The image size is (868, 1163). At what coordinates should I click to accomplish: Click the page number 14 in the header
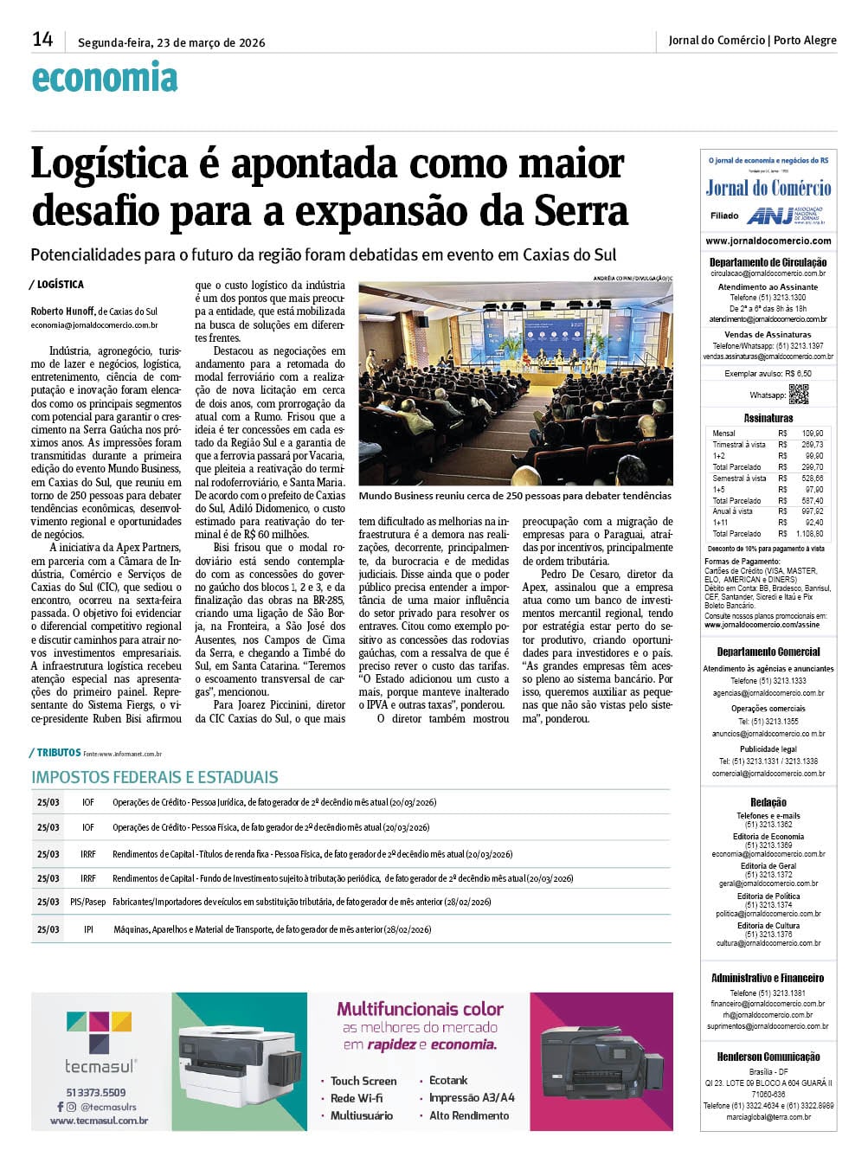[x=42, y=40]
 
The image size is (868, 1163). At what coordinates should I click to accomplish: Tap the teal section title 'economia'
[x=104, y=79]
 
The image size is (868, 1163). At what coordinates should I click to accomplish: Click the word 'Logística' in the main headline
[x=109, y=164]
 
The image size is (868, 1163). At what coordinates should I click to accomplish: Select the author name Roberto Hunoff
[x=62, y=312]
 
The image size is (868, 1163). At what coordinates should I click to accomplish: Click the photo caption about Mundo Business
[x=514, y=497]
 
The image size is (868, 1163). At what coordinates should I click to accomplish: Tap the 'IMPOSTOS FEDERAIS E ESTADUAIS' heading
[x=155, y=777]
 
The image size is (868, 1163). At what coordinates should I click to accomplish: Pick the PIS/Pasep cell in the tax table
[x=88, y=902]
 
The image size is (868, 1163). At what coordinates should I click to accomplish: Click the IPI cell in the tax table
[x=88, y=929]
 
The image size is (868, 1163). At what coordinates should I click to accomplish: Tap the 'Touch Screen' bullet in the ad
[x=363, y=1081]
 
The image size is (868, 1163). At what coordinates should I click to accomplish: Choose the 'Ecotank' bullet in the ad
[x=448, y=1081]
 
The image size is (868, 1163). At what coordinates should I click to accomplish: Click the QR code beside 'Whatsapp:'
[x=798, y=394]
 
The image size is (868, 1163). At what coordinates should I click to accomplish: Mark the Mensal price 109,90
[x=812, y=433]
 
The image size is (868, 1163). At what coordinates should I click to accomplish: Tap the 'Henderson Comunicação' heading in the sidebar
[x=768, y=1057]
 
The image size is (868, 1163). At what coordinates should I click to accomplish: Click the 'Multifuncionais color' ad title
[x=420, y=1009]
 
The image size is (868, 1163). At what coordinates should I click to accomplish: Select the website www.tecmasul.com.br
[x=99, y=1121]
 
